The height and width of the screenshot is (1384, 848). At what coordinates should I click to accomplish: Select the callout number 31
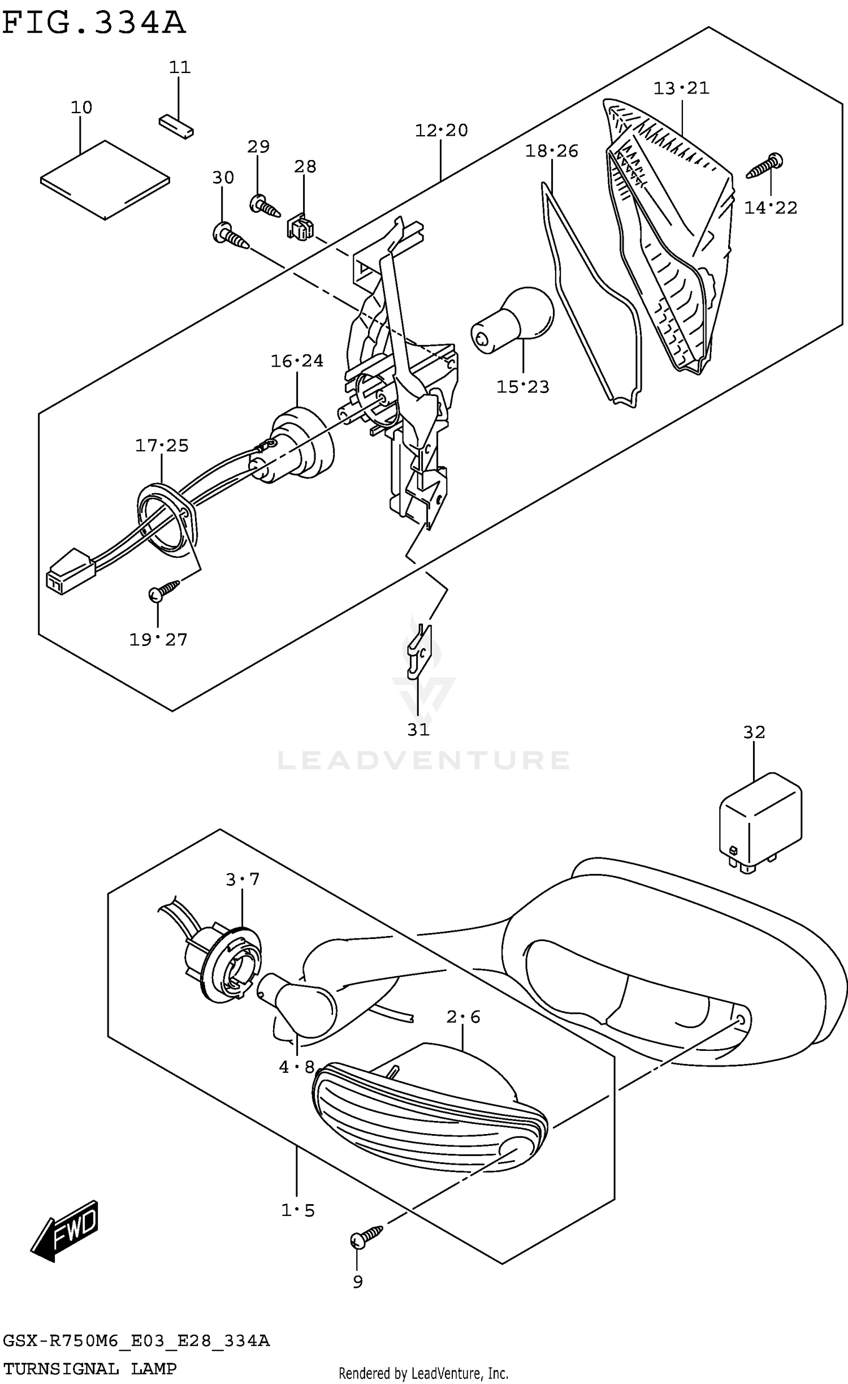click(418, 730)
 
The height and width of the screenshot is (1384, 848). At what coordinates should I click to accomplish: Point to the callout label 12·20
click(441, 131)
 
